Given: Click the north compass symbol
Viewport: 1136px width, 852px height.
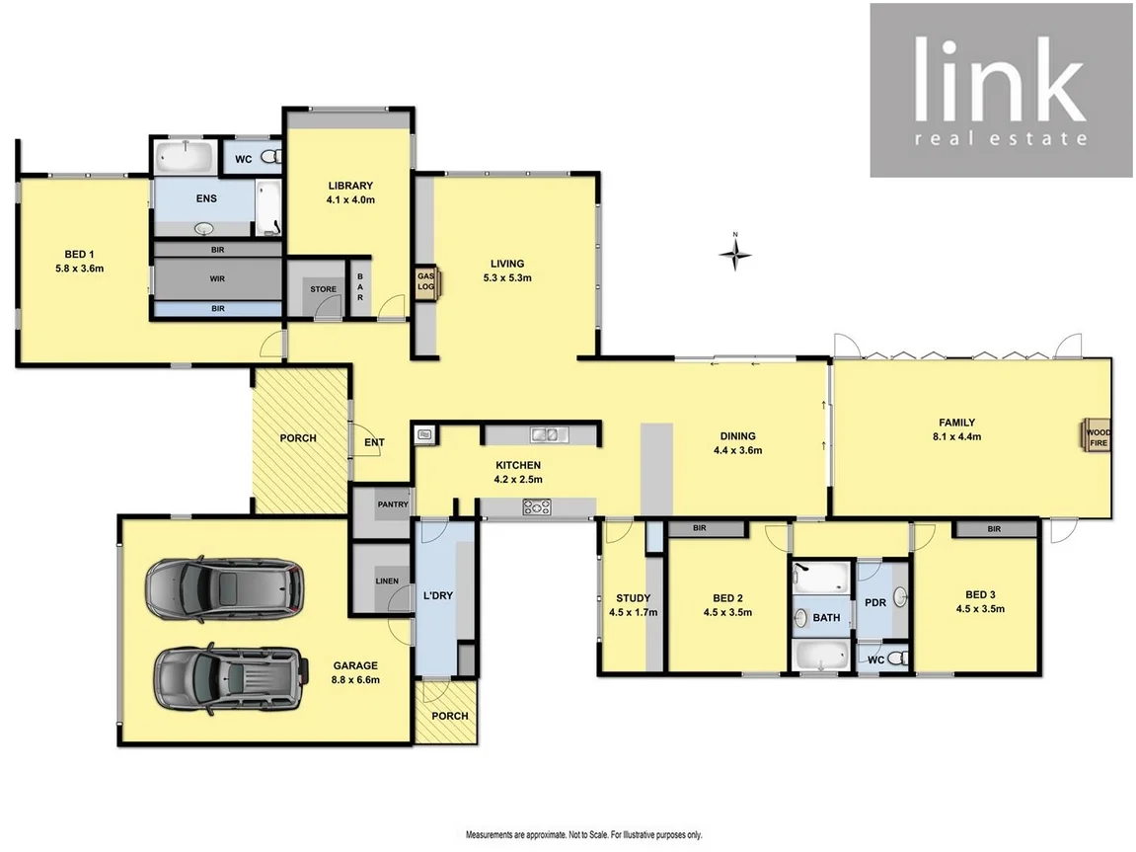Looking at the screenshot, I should pos(734,255).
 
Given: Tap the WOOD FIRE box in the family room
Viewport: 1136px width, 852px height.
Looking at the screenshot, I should pos(1097,437).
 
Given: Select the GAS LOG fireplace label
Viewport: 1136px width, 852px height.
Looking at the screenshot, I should pos(425,281).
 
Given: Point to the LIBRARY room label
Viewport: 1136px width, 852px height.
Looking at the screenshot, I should pos(350,186).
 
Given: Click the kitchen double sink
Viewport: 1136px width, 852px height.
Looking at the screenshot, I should pos(543,433).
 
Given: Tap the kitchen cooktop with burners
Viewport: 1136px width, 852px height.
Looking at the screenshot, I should pos(537,507).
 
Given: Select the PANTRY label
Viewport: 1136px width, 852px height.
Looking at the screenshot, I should pos(392,504).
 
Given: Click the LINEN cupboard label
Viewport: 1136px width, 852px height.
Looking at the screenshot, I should pos(386,581).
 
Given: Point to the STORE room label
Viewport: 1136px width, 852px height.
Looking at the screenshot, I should pos(323,290).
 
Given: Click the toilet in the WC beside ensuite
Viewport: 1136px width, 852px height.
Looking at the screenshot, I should pos(272,156).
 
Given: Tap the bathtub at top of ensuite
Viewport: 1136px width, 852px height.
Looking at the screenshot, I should pos(186,156).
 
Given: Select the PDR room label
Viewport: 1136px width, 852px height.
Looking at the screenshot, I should pos(874,602).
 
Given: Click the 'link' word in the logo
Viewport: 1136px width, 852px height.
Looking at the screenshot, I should pos(999,79).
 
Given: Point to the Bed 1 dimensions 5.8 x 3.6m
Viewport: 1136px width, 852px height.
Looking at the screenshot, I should pos(80,268).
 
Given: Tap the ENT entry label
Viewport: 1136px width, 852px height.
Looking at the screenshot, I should pos(374,442).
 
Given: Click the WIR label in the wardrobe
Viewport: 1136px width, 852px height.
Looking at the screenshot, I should pos(217,279).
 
